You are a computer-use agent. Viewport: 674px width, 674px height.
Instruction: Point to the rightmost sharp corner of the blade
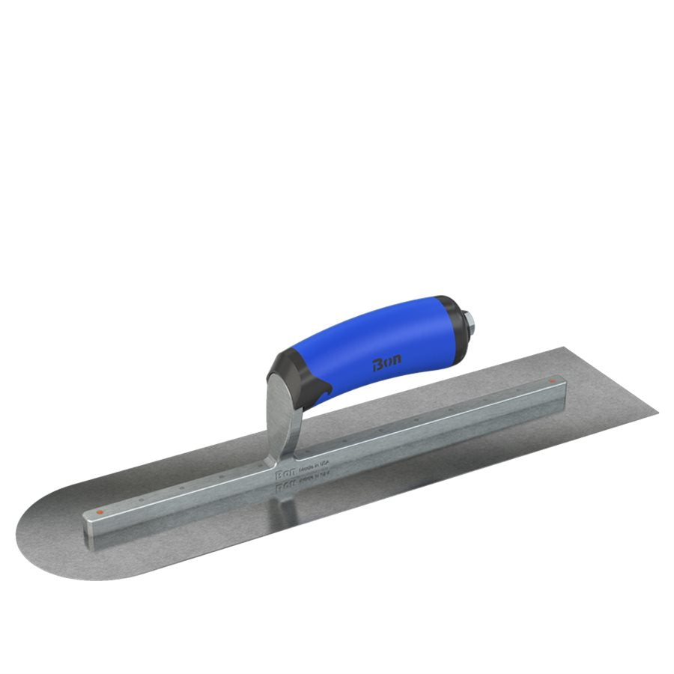pos(658,410)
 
